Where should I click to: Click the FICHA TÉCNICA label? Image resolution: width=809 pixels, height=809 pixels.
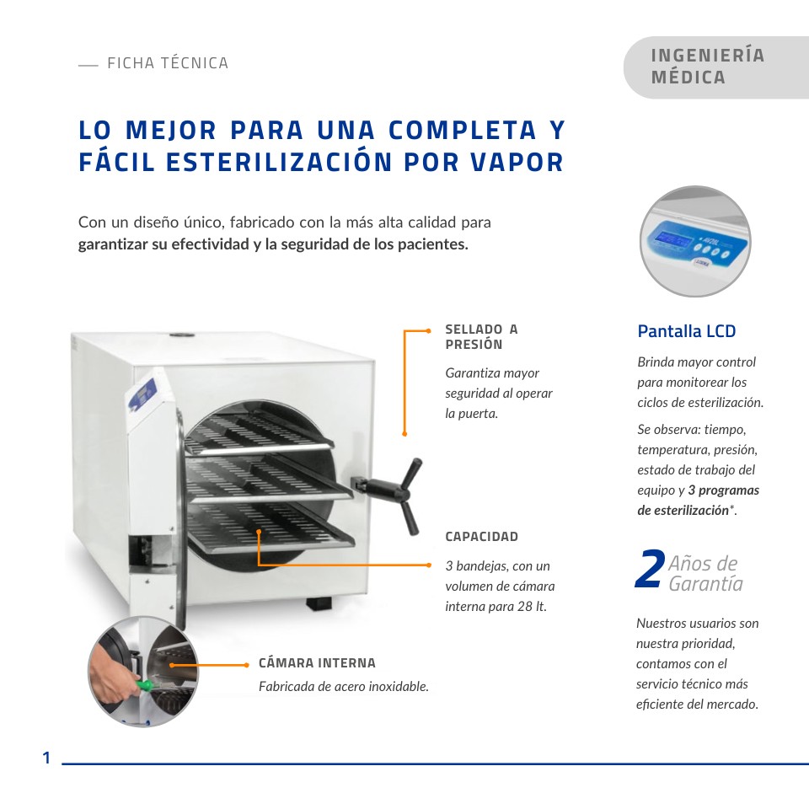point(167,63)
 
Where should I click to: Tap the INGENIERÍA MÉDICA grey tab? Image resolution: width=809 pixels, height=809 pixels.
point(708,67)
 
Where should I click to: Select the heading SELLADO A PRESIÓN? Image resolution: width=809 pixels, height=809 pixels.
point(481,337)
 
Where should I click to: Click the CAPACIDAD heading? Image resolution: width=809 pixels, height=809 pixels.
point(481,537)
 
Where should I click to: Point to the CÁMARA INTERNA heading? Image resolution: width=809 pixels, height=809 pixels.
point(317,663)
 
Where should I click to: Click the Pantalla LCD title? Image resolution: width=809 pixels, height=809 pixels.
point(686,331)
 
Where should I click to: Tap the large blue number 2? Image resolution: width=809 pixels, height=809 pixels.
point(649,571)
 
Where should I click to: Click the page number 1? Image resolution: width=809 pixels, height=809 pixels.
point(47,758)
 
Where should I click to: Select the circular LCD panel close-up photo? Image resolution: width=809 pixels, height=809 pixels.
point(694,241)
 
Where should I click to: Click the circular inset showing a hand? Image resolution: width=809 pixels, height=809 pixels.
point(143,671)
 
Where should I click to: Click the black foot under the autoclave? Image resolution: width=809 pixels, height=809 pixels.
point(319,603)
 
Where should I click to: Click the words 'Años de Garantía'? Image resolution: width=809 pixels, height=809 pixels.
point(705,573)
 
